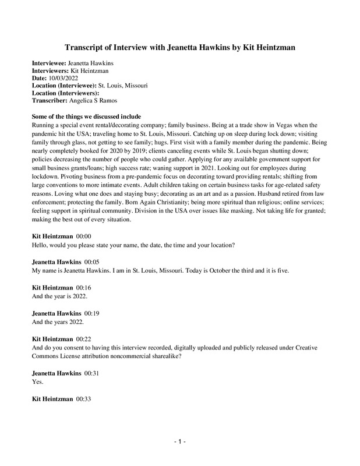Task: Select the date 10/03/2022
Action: (61, 77)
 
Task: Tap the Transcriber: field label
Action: (51, 100)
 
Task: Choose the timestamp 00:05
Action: (93, 263)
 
